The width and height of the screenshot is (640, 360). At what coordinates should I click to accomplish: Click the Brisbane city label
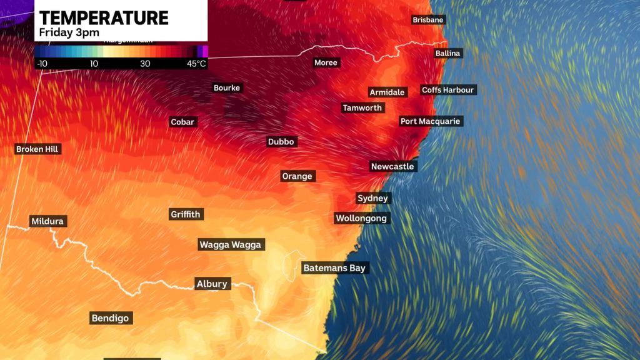pos(427,20)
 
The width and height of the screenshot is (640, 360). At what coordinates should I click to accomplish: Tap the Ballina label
pos(447,53)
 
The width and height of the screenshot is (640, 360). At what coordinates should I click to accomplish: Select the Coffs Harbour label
pos(448,90)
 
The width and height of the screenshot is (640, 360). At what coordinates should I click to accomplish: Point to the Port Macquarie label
pos(431,121)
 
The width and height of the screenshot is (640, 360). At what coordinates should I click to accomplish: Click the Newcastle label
pos(392,166)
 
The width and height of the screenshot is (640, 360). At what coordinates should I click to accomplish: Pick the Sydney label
pos(372,198)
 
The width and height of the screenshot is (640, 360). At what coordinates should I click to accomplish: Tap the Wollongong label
pos(362,218)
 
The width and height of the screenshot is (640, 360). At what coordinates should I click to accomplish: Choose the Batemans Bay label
pos(334,268)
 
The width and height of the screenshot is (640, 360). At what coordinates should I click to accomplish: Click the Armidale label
pos(387,92)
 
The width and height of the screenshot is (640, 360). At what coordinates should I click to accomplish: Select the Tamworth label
pos(362,108)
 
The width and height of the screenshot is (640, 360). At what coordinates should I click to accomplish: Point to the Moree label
pos(326,62)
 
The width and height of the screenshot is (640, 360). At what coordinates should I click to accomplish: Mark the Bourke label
pos(227,88)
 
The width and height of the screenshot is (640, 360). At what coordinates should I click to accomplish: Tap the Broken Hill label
pos(37,149)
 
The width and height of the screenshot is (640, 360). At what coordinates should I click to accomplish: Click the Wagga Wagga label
pos(230,245)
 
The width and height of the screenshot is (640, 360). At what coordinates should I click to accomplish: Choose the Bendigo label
pos(110,318)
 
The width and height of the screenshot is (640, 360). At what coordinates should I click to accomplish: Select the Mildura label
pos(47,221)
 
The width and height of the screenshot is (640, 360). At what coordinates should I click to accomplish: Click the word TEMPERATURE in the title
pos(104,17)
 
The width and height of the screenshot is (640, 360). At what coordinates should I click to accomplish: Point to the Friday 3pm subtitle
pos(69,32)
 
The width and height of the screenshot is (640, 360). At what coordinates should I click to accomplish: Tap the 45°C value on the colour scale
pos(196,64)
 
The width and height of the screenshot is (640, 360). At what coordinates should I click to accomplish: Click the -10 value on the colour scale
pos(42,64)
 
